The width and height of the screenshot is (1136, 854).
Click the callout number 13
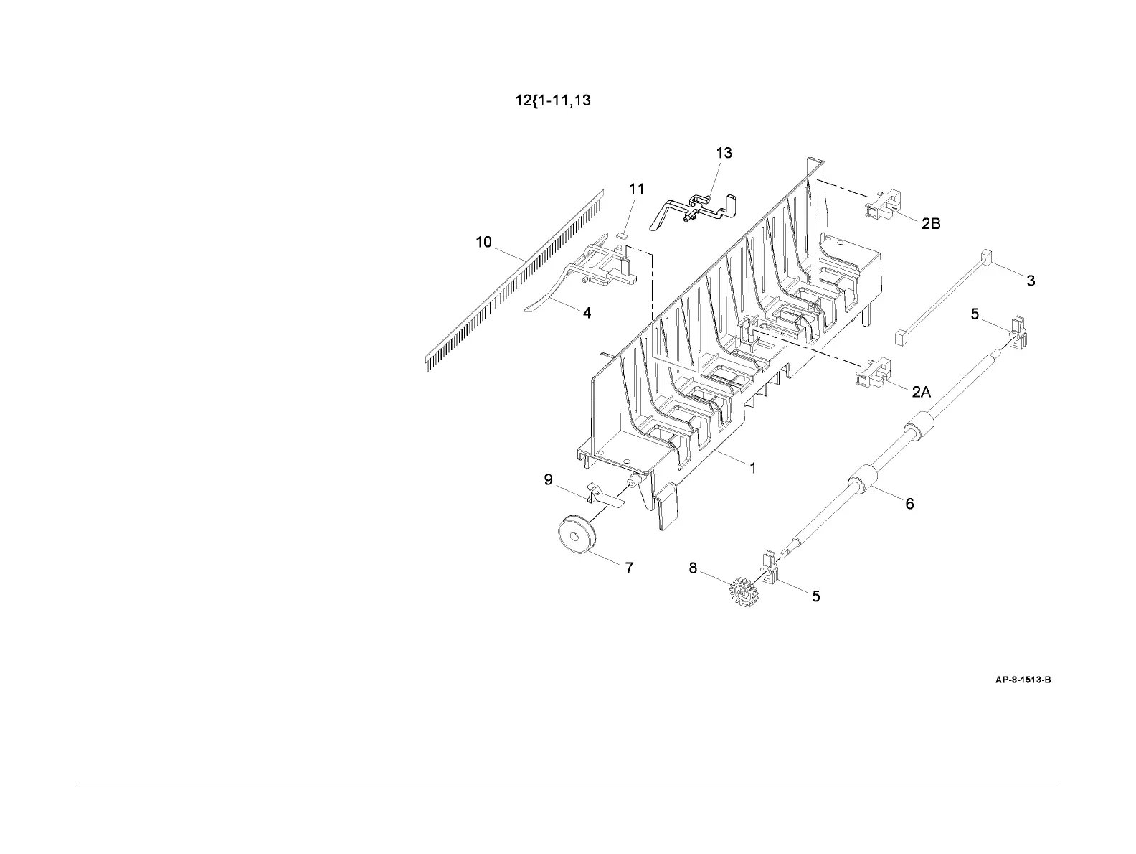pyautogui.click(x=724, y=153)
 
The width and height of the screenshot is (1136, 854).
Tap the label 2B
pyautogui.click(x=931, y=224)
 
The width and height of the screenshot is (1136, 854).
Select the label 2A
pyautogui.click(x=922, y=392)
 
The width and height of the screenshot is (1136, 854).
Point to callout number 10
pyautogui.click(x=484, y=242)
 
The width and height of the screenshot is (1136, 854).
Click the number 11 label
pyautogui.click(x=636, y=189)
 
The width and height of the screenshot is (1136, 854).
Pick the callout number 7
pyautogui.click(x=629, y=568)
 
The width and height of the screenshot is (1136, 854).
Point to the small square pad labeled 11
pyautogui.click(x=622, y=233)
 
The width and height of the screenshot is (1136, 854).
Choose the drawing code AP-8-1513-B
pyautogui.click(x=1023, y=680)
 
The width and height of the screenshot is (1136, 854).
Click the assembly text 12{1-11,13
pyautogui.click(x=552, y=100)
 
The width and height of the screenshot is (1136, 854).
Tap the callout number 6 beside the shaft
pyautogui.click(x=909, y=504)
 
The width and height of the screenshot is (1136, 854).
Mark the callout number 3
pyautogui.click(x=1031, y=281)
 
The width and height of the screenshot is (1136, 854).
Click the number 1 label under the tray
pyautogui.click(x=753, y=468)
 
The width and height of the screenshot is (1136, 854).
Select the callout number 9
pyautogui.click(x=548, y=479)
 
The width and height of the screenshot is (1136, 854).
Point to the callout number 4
pyautogui.click(x=587, y=313)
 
